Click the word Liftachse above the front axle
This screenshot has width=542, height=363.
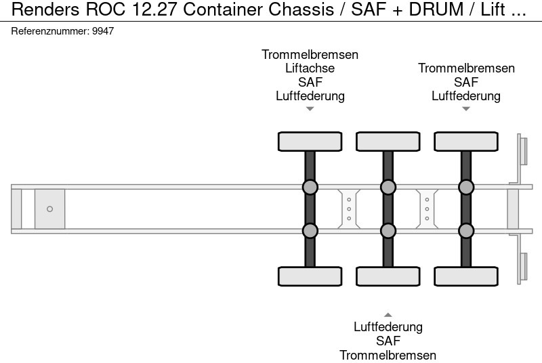coord(310,68)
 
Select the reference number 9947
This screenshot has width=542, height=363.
coord(102,31)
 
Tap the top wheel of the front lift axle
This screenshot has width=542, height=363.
coord(310,142)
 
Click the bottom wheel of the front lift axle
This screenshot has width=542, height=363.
coord(310,276)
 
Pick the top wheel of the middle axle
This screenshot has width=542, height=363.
coord(388,142)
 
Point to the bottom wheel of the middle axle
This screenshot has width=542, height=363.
coord(388,276)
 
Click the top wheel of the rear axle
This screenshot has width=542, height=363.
coord(465,142)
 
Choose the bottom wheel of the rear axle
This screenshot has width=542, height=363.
coord(465,276)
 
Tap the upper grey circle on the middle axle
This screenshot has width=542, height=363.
coord(388,187)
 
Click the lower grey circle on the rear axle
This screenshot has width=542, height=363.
coord(465,231)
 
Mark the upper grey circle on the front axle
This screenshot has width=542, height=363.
coord(310,187)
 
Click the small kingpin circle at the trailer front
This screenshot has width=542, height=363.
coord(49,209)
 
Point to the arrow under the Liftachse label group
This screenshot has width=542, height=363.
coord(310,108)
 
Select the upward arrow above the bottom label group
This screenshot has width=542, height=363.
coord(388,315)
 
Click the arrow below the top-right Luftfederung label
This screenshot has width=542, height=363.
coord(465,108)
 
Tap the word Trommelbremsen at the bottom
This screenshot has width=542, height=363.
coord(388,356)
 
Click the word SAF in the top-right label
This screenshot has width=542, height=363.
coord(465,82)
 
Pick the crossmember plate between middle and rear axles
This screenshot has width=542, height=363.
coord(427,209)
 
